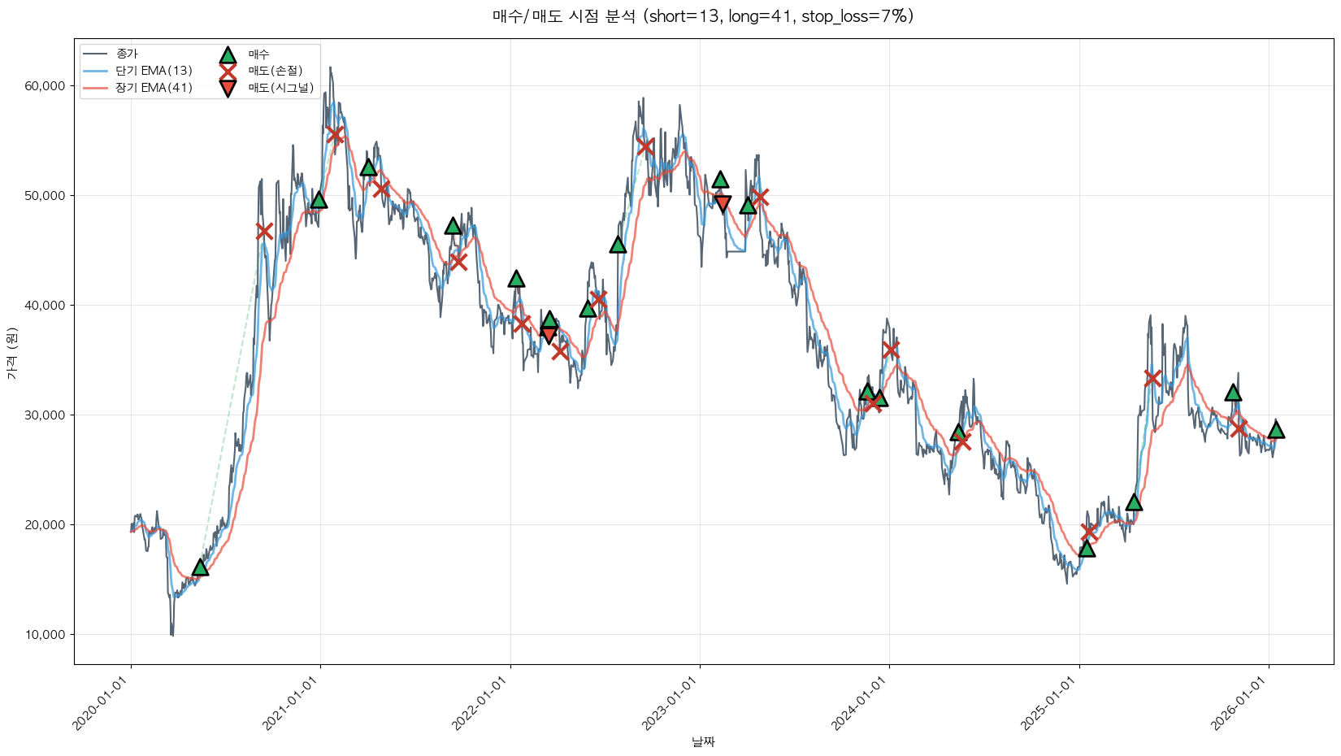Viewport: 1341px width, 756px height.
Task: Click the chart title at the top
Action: tap(703, 16)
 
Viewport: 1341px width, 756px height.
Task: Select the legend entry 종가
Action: tap(127, 54)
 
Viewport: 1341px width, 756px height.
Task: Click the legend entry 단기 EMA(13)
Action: tap(154, 71)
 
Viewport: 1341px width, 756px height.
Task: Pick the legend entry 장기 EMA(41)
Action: tap(154, 88)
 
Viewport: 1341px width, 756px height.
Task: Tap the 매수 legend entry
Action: tap(258, 54)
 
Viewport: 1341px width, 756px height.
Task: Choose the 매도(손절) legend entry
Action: tap(275, 71)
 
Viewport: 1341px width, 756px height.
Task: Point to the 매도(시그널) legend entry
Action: tap(280, 88)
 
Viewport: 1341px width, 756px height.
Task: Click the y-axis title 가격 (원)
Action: tap(11, 354)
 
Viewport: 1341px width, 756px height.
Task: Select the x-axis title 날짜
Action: tap(703, 741)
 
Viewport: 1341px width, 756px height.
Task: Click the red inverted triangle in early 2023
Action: tap(723, 203)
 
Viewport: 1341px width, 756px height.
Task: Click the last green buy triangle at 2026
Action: tap(1276, 430)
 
